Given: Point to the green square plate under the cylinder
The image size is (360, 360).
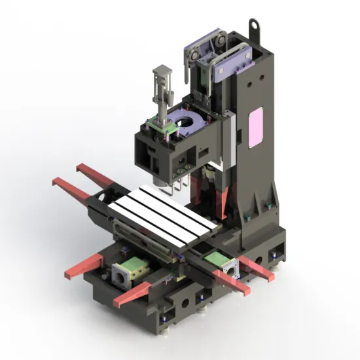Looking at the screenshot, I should click(x=160, y=122).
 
